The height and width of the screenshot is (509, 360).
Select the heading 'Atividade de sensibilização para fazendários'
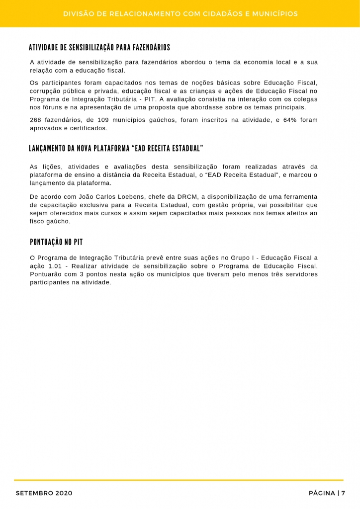[99, 48]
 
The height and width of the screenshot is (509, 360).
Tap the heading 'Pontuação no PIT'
[56, 242]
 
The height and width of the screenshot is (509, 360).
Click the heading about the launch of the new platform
[116, 149]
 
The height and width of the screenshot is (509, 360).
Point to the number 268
[37, 120]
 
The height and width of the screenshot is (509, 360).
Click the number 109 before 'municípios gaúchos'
[102, 120]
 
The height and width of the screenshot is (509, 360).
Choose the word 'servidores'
[300, 274]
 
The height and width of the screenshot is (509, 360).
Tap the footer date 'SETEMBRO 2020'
[44, 493]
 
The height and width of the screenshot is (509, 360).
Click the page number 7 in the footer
[343, 493]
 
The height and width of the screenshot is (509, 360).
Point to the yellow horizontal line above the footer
[179, 480]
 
